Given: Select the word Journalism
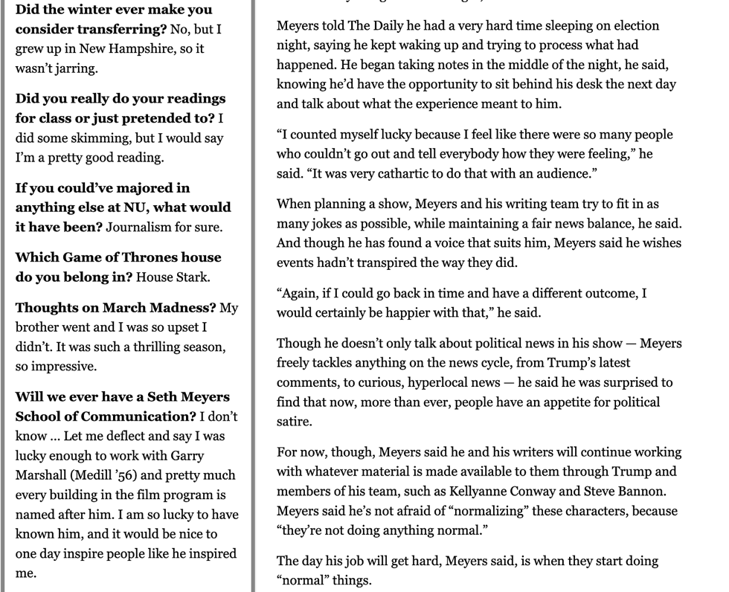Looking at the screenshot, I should pos(138,227).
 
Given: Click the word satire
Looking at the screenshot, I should pos(295,422).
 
